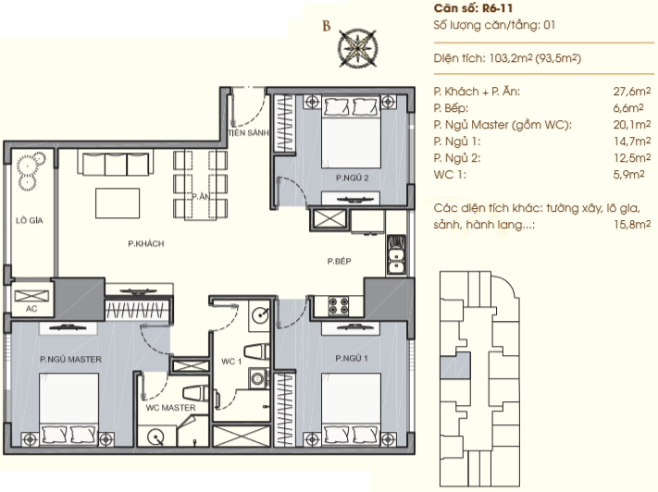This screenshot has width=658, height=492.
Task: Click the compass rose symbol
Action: (x=357, y=48)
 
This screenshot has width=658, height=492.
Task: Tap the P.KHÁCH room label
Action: (x=146, y=244)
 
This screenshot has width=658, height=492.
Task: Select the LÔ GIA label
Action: (x=30, y=220)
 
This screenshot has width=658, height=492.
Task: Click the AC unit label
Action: (x=31, y=309)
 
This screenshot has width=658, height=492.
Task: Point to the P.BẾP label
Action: (x=339, y=262)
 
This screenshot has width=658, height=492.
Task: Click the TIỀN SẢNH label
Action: (x=248, y=133)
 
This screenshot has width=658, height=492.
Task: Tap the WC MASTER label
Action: (x=170, y=408)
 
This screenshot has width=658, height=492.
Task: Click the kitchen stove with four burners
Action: (x=339, y=306)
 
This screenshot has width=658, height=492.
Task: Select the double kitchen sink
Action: (x=396, y=255)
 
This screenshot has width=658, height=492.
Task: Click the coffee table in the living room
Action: (x=118, y=203)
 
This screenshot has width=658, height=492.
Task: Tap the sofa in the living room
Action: (x=116, y=163)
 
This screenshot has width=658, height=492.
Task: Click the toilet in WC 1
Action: (x=256, y=351)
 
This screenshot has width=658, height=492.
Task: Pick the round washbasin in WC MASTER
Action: (x=156, y=437)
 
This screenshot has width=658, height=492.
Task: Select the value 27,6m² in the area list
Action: (x=632, y=92)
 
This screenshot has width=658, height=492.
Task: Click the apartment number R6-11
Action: (x=498, y=8)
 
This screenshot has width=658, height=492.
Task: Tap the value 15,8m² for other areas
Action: (x=632, y=225)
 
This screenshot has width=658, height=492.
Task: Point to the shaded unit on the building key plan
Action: (x=455, y=365)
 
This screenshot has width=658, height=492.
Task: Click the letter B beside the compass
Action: (x=327, y=26)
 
